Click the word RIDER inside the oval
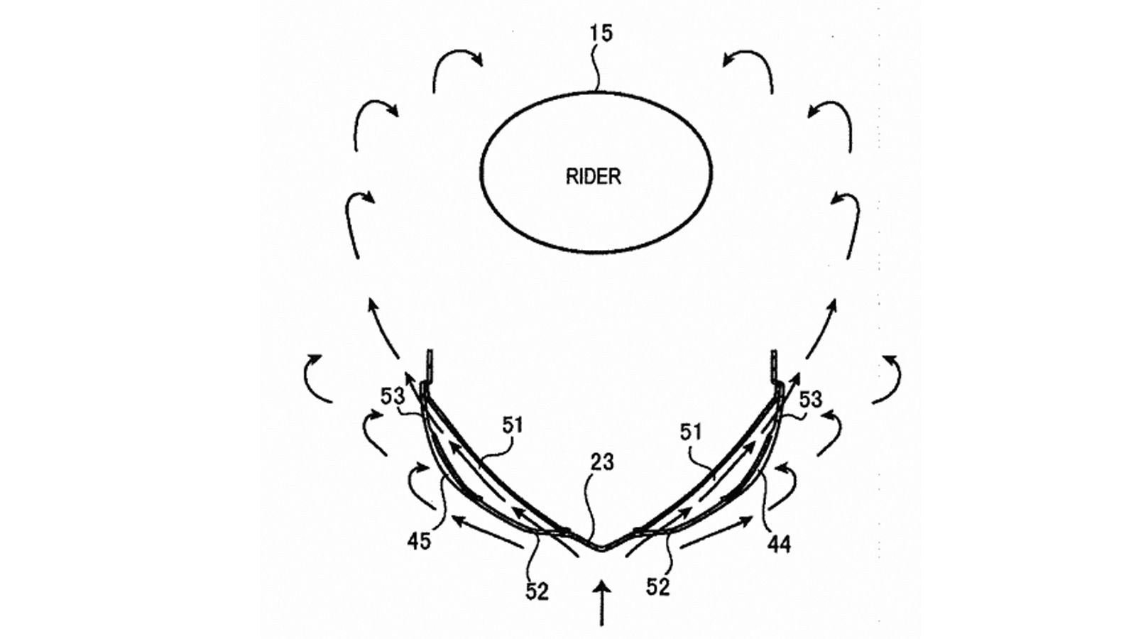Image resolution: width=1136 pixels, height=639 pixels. [x=593, y=176]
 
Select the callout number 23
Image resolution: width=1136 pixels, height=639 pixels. [x=601, y=462]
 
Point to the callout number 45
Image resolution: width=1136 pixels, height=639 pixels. [x=419, y=541]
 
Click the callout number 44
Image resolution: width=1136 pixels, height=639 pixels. [x=779, y=544]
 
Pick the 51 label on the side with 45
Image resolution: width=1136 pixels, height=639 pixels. [x=513, y=425]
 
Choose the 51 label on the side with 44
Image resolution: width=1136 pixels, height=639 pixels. [x=691, y=432]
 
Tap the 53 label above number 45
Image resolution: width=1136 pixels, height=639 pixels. [x=393, y=396]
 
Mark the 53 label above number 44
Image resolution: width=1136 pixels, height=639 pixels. [x=810, y=399]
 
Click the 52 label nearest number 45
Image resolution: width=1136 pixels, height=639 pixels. [x=537, y=591]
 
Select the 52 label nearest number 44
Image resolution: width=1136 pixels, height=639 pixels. [x=658, y=586]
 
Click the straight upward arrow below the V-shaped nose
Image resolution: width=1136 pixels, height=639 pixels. [x=602, y=604]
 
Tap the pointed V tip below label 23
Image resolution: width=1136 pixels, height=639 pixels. [x=601, y=547]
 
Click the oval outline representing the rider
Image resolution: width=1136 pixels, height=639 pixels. [x=596, y=173]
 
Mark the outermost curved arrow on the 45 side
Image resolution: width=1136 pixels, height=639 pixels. [x=317, y=378]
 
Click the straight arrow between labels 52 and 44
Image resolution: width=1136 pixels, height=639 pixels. [x=717, y=532]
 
